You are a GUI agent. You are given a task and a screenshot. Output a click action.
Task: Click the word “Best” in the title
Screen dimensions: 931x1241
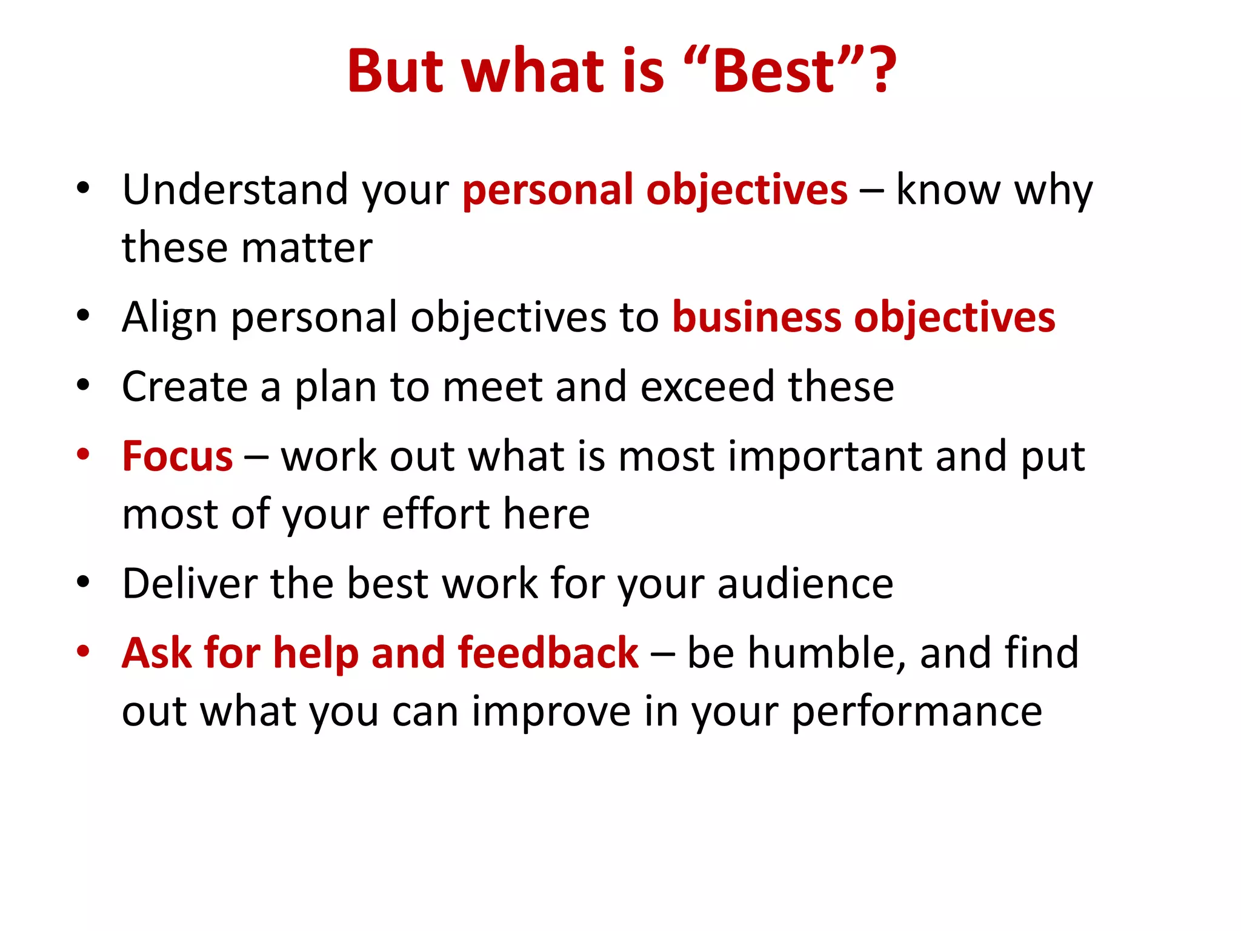(774, 72)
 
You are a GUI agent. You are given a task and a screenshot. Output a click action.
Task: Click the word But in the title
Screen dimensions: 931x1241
(395, 72)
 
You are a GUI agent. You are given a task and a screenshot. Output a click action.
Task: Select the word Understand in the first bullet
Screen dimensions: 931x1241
(235, 190)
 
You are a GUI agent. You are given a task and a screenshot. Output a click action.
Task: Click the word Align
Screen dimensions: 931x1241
(169, 318)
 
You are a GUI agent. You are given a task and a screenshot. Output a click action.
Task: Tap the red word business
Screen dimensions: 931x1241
(756, 318)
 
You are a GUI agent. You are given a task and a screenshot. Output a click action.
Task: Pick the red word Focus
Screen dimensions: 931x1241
(177, 456)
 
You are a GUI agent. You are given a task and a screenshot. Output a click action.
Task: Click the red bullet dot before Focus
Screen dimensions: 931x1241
(83, 455)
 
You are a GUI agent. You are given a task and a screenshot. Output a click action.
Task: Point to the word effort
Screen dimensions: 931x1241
(436, 515)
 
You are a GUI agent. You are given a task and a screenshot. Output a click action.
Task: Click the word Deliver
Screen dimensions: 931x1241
(189, 584)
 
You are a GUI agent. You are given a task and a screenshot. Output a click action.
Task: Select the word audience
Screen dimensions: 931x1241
(805, 584)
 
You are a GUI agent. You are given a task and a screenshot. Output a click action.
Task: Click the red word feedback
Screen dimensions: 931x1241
(548, 653)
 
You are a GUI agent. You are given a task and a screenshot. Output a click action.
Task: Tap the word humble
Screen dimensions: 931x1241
(827, 653)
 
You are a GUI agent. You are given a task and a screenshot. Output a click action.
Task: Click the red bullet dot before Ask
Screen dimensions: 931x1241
(83, 652)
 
